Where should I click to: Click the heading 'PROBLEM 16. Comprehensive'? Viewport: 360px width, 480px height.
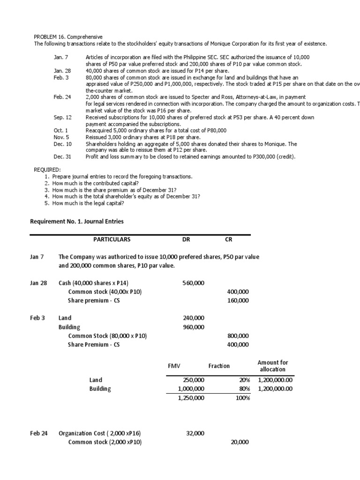point(68,37)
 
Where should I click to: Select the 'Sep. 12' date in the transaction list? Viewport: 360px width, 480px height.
point(62,117)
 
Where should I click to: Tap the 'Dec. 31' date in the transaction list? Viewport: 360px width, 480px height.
point(62,157)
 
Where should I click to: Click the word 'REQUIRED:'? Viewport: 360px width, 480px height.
point(47,170)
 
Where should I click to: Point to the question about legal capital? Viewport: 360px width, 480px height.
point(88,203)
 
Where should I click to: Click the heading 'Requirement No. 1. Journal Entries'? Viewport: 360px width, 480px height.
point(77,221)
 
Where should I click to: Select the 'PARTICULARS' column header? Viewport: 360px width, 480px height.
point(112,240)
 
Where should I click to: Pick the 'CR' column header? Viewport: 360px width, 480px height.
point(229,240)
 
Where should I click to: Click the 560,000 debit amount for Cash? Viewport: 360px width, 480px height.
point(193,283)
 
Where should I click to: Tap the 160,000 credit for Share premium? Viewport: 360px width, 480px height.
point(238,300)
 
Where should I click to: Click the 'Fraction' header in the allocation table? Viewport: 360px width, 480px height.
point(219,366)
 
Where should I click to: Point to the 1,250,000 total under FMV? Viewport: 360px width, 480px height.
point(191,398)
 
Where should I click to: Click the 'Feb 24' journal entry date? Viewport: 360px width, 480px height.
point(38,434)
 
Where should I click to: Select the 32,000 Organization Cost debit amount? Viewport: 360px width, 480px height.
point(195,434)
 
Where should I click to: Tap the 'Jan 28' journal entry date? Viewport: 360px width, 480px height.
point(38,283)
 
